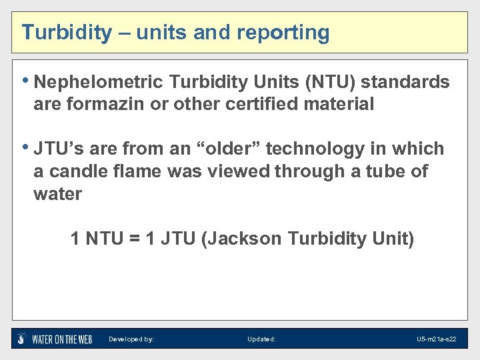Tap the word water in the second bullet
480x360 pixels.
tap(57, 194)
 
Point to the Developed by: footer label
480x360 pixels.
tap(131, 339)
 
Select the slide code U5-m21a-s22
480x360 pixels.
tap(437, 339)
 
